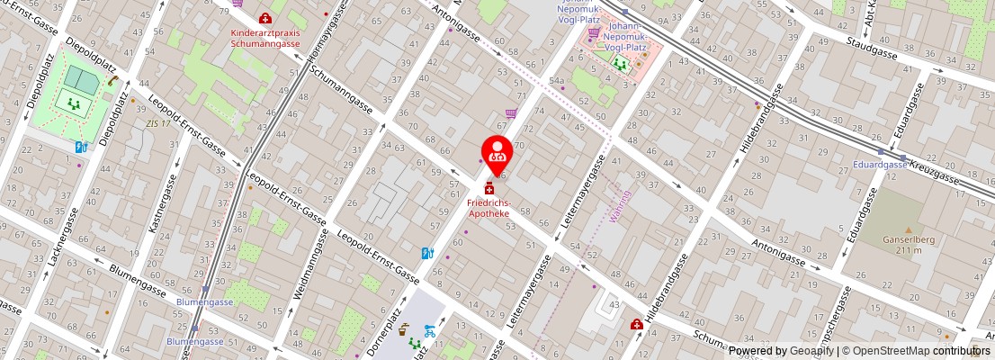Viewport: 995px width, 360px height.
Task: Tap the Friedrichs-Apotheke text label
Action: click(x=489, y=209)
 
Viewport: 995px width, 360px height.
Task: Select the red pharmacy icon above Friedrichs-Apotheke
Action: click(x=489, y=189)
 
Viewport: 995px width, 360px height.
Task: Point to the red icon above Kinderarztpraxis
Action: click(x=265, y=18)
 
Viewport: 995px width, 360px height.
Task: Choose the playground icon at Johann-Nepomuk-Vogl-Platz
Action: click(x=620, y=63)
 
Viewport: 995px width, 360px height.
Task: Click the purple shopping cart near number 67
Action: click(x=511, y=113)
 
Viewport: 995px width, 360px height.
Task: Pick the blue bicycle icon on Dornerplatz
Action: click(x=430, y=330)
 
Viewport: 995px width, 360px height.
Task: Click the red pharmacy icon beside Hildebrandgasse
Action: click(x=637, y=324)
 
